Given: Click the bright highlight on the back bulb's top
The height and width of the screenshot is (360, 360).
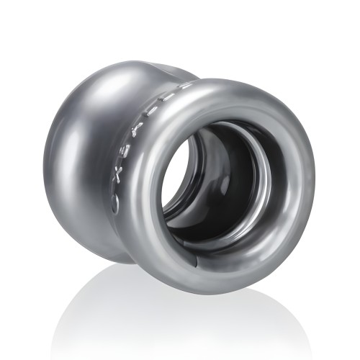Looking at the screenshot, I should pos(108,86).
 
